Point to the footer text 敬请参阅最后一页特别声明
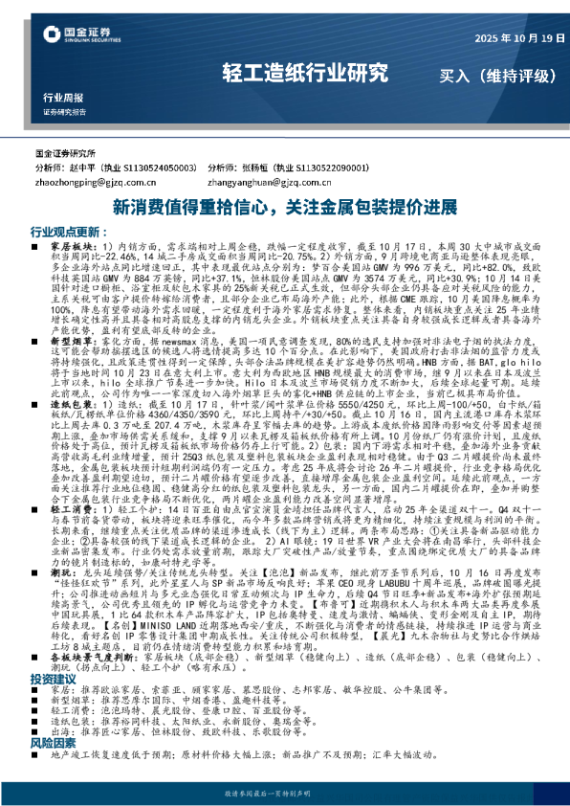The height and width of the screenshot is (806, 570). pos(284,794)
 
